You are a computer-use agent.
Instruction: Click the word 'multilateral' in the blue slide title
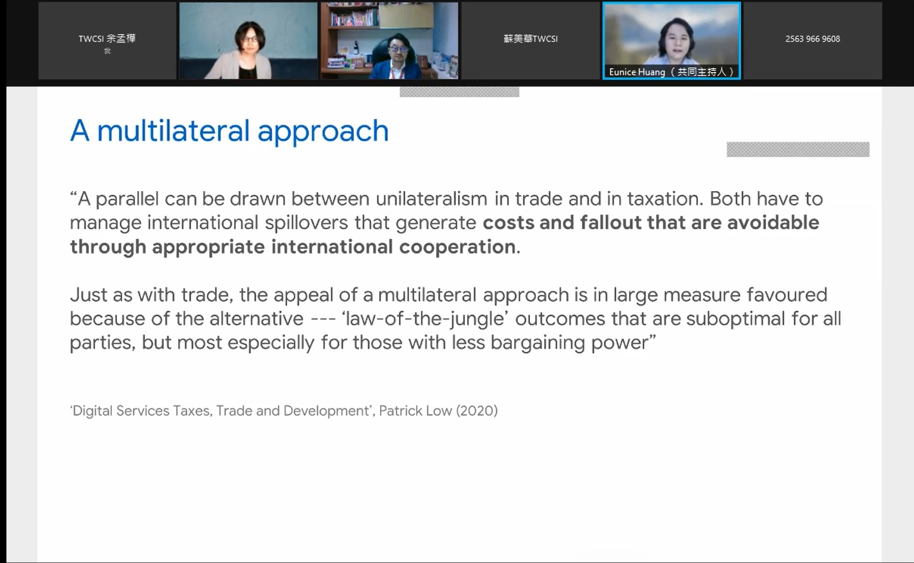tap(173, 131)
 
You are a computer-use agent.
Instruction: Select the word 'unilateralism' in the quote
tap(432, 199)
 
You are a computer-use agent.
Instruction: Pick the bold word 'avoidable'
tap(773, 223)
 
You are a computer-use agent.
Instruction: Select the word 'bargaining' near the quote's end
tap(537, 343)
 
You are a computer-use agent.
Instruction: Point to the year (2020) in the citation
tap(477, 411)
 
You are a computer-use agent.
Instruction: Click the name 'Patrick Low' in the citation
tap(415, 411)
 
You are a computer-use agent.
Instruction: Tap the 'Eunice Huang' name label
tap(637, 72)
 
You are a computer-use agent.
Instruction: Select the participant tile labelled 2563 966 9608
tap(813, 41)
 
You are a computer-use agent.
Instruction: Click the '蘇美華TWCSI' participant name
tap(531, 39)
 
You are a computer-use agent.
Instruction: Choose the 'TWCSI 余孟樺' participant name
tap(107, 39)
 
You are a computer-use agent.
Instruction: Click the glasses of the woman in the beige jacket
tap(250, 40)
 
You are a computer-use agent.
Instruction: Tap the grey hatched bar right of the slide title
tap(798, 149)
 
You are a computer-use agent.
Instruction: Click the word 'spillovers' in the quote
tap(306, 223)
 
